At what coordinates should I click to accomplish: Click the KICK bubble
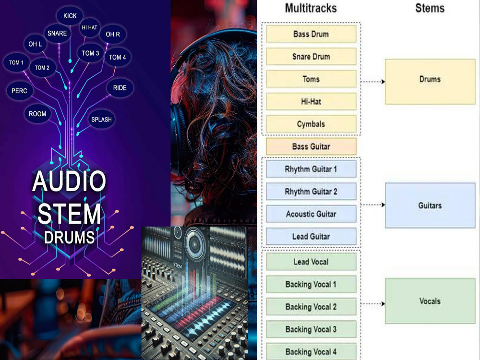70,16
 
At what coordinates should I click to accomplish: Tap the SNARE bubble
57,34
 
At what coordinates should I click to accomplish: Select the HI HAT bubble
89,27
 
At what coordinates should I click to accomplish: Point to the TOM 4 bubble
118,57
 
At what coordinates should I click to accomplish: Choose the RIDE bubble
120,88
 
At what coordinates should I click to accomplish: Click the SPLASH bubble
101,120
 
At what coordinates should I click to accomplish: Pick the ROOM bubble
37,114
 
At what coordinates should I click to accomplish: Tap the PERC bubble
19,91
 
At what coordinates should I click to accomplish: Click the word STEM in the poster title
69,214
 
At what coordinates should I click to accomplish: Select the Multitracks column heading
311,8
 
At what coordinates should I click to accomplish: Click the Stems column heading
430,8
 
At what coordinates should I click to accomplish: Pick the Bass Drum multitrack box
311,34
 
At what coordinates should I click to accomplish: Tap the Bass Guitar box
311,146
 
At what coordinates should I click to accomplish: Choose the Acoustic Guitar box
311,214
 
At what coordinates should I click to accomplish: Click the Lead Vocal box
311,262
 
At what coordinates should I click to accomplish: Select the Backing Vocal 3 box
311,329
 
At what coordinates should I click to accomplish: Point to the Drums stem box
430,82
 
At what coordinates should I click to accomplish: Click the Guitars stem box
430,205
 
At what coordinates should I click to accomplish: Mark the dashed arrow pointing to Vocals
373,304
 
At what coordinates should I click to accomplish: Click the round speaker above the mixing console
194,244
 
